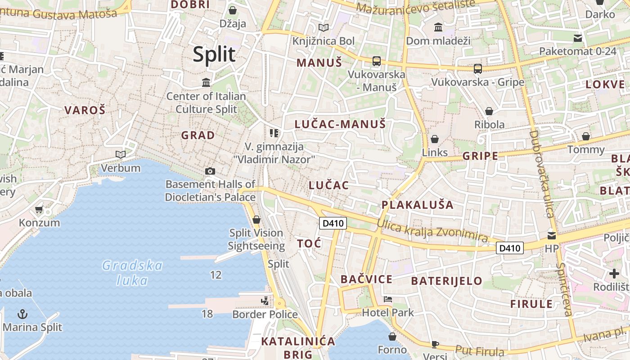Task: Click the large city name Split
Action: pos(214,54)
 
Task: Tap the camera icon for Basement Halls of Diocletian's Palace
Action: pos(210,171)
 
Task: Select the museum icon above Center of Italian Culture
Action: pos(206,83)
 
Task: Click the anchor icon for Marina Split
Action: pos(22,314)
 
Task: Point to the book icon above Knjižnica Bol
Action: pos(323,28)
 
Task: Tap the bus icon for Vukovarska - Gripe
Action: pos(477,69)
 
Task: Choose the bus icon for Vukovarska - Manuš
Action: pos(376,61)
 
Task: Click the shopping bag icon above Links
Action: pos(434,139)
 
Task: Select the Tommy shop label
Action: pos(586,149)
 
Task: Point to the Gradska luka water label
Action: pos(132,273)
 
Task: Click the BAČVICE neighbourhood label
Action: pos(366,279)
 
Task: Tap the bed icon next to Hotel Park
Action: pos(387,299)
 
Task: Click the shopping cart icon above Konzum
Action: pos(39,210)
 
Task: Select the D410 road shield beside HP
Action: pos(510,247)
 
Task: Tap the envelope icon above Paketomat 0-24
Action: pos(577,38)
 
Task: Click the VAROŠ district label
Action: pos(85,110)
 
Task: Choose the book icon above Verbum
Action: pos(120,155)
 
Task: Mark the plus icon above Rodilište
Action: pos(614,274)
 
